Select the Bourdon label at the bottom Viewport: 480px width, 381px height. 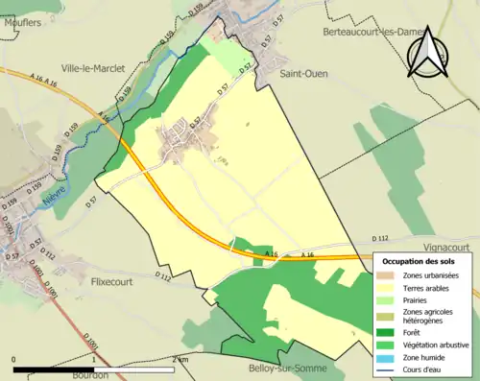(89, 374)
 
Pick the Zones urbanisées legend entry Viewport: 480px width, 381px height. (431, 275)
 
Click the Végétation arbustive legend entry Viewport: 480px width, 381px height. (432, 345)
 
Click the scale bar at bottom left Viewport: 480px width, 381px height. (93, 366)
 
